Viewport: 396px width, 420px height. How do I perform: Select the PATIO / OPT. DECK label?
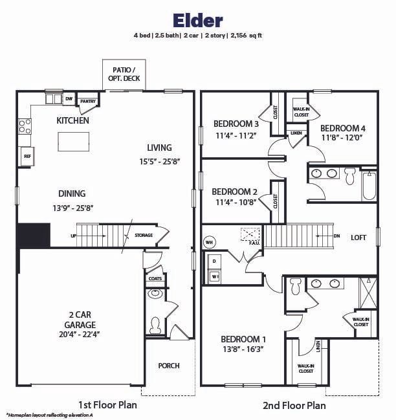(124, 74)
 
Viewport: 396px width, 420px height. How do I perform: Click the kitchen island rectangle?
(73, 141)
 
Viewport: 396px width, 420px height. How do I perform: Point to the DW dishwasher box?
(69, 99)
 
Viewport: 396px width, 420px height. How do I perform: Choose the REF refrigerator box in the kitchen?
(27, 156)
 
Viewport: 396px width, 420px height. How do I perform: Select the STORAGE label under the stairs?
(144, 235)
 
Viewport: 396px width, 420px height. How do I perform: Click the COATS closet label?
(155, 278)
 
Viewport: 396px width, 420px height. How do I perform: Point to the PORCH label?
(169, 366)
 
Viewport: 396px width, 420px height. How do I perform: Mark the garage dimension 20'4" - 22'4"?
(80, 335)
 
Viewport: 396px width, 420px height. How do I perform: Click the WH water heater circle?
(209, 242)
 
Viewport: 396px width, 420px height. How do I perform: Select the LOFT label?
(359, 238)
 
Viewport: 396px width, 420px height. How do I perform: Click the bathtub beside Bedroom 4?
(369, 186)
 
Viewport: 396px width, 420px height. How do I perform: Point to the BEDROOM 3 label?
(236, 124)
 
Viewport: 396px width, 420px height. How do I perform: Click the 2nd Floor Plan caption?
(294, 406)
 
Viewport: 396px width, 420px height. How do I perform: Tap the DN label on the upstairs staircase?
(336, 236)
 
